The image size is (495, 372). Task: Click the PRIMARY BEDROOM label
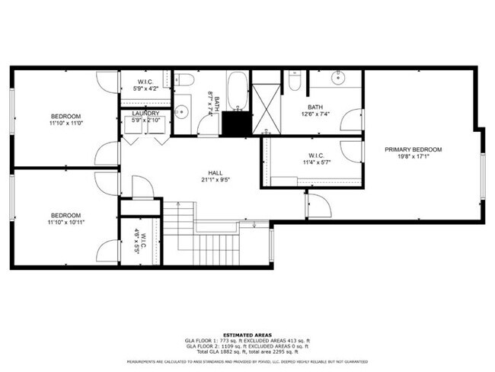[413, 149]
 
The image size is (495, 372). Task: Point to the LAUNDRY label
[145, 114]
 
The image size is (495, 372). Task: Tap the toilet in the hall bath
[184, 79]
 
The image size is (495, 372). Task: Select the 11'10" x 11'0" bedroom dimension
[65, 123]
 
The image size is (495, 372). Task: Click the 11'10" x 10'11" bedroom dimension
[65, 223]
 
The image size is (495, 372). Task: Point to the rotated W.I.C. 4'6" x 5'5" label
[140, 242]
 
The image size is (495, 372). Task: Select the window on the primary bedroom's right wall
[483, 175]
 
